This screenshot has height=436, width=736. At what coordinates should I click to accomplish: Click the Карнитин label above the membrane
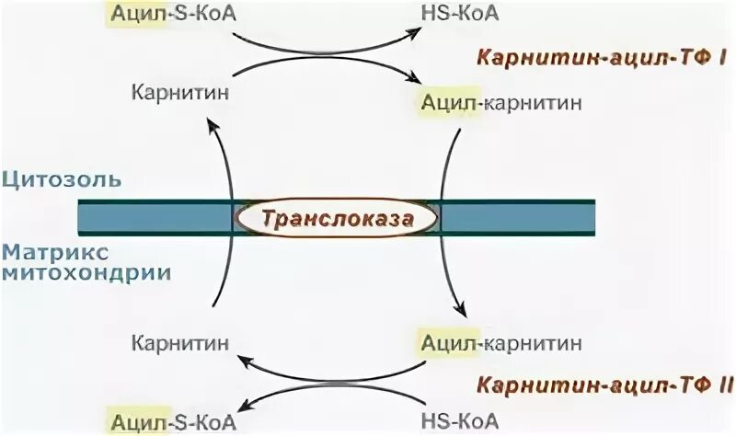click(179, 94)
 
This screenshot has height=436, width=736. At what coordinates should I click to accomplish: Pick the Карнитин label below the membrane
click(179, 344)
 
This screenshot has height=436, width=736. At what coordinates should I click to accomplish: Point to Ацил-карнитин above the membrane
click(500, 102)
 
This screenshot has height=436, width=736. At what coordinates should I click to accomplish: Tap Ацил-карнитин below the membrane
click(500, 344)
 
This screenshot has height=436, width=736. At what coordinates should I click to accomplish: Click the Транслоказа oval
click(336, 219)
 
